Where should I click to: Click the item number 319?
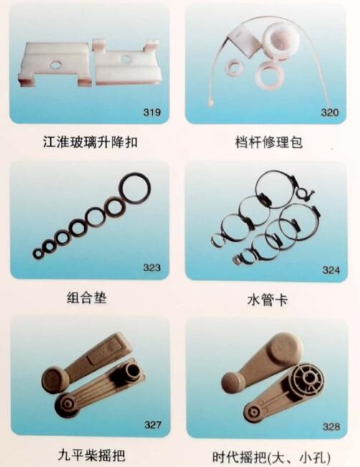click(x=152, y=113)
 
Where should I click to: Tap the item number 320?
click(x=330, y=113)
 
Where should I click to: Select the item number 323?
click(x=152, y=268)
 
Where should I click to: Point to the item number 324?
click(x=331, y=270)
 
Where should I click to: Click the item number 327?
click(x=153, y=425)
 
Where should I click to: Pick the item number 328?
click(x=331, y=427)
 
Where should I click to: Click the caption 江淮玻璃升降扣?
click(x=90, y=142)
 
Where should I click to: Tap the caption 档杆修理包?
click(x=269, y=142)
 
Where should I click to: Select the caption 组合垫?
click(x=87, y=297)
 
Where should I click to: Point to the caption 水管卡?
click(x=267, y=300)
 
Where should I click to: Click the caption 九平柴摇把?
click(x=91, y=455)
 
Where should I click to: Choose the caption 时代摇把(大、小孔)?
click(x=271, y=458)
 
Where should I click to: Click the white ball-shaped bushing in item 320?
click(x=278, y=39)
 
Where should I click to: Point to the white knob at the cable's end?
click(x=211, y=103)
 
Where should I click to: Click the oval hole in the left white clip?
click(x=56, y=64)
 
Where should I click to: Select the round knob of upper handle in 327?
click(x=53, y=379)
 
